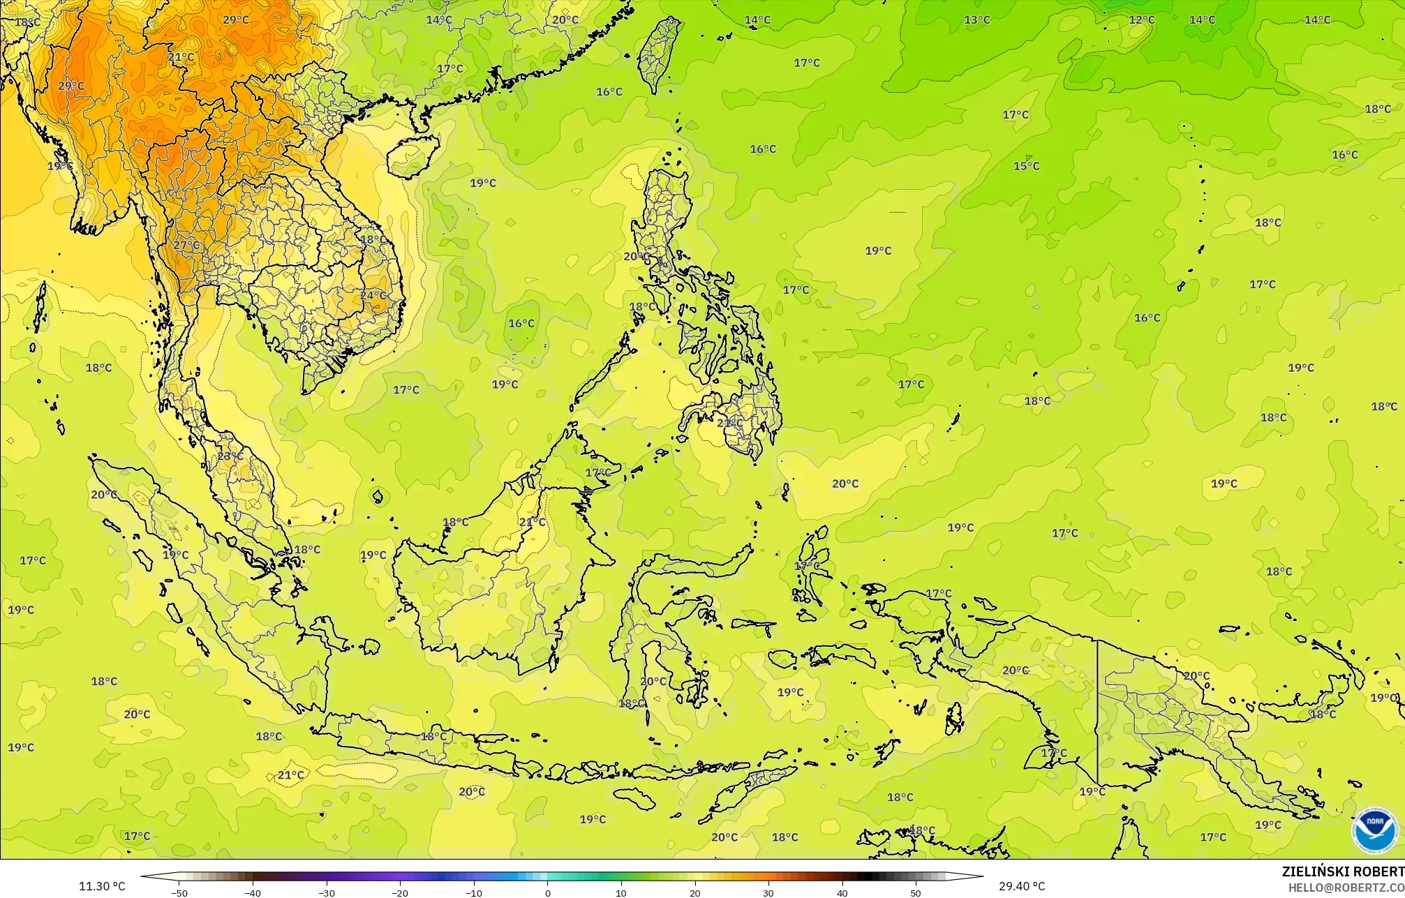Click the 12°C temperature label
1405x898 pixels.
point(1142,20)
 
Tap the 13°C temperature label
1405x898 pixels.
point(977,20)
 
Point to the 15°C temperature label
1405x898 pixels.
point(1027,166)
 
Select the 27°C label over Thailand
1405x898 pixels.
point(186,246)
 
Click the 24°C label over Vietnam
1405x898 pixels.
point(373,295)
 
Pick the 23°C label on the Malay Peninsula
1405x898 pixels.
point(230,456)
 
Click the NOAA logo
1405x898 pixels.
point(1375,830)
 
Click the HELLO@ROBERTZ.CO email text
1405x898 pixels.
point(1346,888)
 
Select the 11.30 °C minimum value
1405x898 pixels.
point(102,887)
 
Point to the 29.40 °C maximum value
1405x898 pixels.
point(1022,887)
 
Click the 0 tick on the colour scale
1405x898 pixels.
point(547,892)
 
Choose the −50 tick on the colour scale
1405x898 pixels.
point(179,892)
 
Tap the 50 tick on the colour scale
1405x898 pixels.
point(915,892)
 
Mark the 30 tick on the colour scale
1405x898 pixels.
point(768,892)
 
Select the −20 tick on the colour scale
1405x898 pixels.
point(400,892)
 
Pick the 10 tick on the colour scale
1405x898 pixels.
point(621,892)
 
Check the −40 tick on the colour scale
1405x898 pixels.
point(253,892)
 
